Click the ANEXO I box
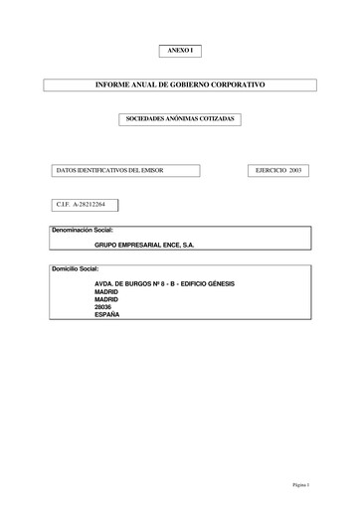point(180,50)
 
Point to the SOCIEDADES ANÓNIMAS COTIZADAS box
point(180,118)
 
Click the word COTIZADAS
point(216,118)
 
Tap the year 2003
point(294,170)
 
